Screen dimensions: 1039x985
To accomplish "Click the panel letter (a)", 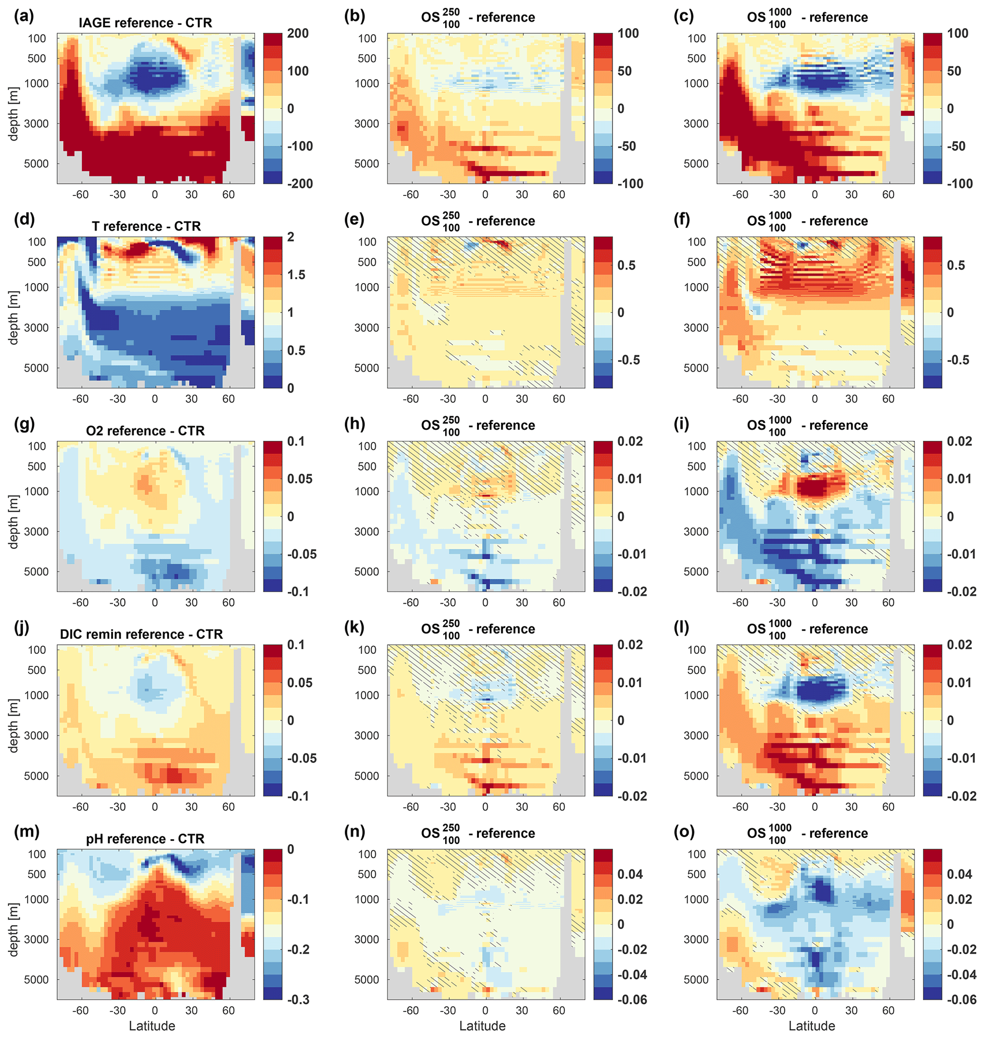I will [24, 17].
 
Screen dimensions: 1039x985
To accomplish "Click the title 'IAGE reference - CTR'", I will [145, 23].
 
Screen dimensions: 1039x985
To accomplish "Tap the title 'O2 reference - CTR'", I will [145, 430].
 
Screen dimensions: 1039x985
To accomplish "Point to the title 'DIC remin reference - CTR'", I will [141, 634].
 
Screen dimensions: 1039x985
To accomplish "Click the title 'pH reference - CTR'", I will [145, 838].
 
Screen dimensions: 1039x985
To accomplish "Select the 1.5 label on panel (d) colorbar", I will [296, 275].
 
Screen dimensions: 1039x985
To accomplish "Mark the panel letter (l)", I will [684, 628].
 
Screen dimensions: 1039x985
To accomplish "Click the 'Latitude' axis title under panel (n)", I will [482, 1026].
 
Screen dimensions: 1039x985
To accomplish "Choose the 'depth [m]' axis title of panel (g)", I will [13, 521].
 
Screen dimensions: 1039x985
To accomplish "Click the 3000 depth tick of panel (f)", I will [696, 327].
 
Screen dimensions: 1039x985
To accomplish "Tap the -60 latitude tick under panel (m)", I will [81, 1010].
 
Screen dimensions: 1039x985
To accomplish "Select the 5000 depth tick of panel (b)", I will [366, 164].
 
